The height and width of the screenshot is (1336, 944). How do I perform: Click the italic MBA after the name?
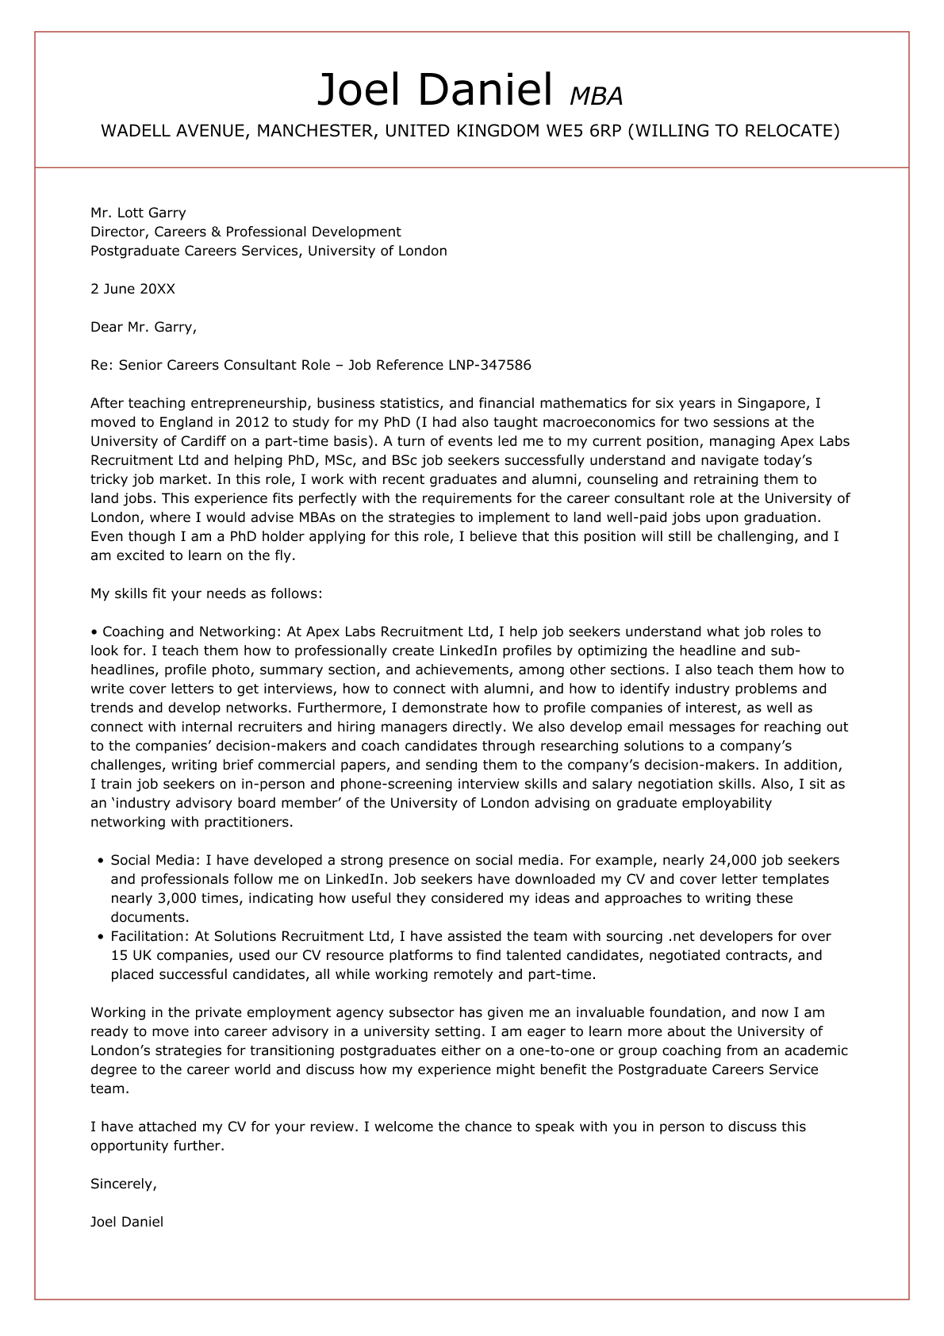click(x=597, y=96)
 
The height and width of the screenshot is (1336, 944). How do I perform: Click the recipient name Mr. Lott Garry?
click(x=138, y=213)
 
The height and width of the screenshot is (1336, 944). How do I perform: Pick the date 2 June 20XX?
click(x=132, y=289)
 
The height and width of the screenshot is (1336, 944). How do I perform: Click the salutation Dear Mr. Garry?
click(x=143, y=327)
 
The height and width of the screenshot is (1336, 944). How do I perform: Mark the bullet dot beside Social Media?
click(x=100, y=861)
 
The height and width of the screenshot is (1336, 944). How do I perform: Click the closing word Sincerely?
click(x=123, y=1184)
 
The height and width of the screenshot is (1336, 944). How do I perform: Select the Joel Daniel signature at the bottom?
click(x=127, y=1222)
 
